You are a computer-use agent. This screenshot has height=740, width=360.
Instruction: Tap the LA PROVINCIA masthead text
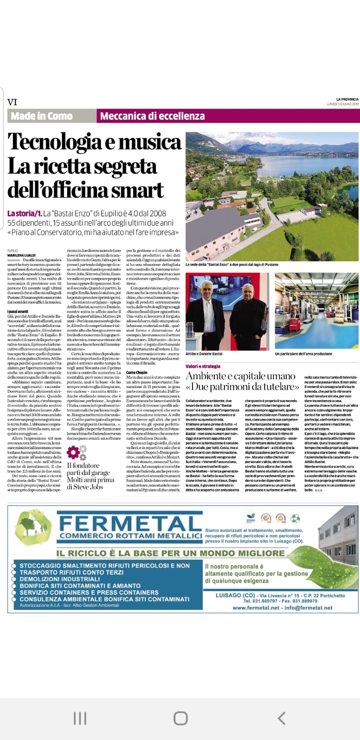click(x=347, y=99)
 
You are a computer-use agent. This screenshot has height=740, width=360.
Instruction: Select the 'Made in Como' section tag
click(x=42, y=116)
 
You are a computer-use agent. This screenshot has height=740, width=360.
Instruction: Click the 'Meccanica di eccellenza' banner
click(x=152, y=116)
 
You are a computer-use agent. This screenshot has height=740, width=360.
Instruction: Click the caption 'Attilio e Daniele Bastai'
click(x=204, y=354)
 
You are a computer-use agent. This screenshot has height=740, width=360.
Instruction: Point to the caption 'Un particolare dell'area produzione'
click(x=304, y=354)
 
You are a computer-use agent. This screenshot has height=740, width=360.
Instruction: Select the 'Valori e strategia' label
click(x=203, y=366)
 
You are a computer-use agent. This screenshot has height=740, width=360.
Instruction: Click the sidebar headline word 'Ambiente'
click(x=209, y=376)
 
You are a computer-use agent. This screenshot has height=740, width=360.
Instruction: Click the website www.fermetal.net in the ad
click(x=256, y=608)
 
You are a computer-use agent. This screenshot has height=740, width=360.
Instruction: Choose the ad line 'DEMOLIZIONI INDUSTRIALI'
click(x=60, y=579)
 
